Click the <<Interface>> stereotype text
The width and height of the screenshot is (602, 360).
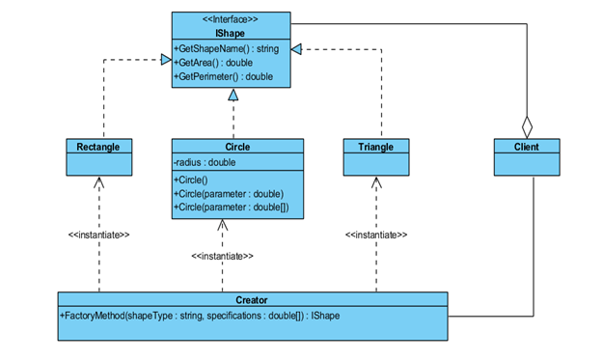(231, 18)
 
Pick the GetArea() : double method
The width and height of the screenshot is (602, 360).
(215, 62)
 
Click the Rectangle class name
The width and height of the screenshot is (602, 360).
(98, 147)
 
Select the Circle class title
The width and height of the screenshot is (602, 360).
(237, 147)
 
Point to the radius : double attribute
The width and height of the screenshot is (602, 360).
(205, 162)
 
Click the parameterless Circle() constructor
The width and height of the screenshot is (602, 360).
(194, 180)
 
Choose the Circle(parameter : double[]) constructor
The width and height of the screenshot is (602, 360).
(231, 207)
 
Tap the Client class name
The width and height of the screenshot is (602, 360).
(526, 147)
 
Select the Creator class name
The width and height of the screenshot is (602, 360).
(252, 300)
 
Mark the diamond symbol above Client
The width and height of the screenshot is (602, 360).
(526, 126)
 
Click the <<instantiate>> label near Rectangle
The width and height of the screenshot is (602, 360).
(98, 235)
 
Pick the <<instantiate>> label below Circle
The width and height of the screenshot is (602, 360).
(222, 256)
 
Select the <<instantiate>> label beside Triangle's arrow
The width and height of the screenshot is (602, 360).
(376, 235)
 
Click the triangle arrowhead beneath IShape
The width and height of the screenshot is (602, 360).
(232, 97)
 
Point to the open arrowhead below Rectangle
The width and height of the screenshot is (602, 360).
(98, 183)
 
